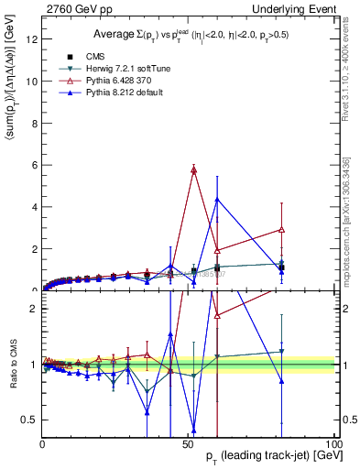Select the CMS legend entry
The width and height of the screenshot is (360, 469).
point(79,57)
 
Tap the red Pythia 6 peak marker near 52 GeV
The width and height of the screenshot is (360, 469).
point(194,169)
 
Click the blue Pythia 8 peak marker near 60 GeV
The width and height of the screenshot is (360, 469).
point(217,199)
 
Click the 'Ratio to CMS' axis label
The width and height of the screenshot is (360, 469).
point(13,365)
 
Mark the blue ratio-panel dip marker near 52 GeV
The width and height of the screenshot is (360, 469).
point(194,429)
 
